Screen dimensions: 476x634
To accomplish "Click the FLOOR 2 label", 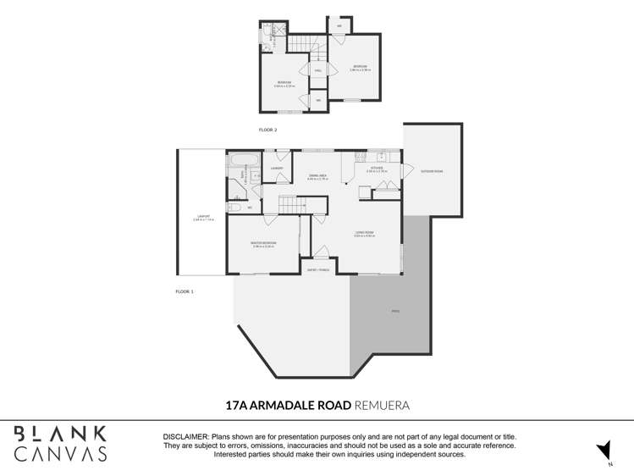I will tap(267, 130).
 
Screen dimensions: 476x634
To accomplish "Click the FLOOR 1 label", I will tap(185, 291).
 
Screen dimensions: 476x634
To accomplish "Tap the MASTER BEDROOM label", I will tap(263, 243).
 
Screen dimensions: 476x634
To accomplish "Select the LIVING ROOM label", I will tap(364, 232).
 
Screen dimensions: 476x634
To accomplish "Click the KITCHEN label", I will tap(377, 168).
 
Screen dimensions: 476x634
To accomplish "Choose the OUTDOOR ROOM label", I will tap(433, 171).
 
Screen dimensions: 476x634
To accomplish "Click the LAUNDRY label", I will tap(277, 169).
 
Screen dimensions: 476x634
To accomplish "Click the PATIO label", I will tap(394, 312).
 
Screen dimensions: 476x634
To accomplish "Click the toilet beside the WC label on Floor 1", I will tap(235, 207).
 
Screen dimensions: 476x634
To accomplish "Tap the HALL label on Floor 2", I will tap(317, 71).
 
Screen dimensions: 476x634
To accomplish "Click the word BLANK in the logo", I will tap(59, 434).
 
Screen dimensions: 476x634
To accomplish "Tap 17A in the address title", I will tap(238, 406).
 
